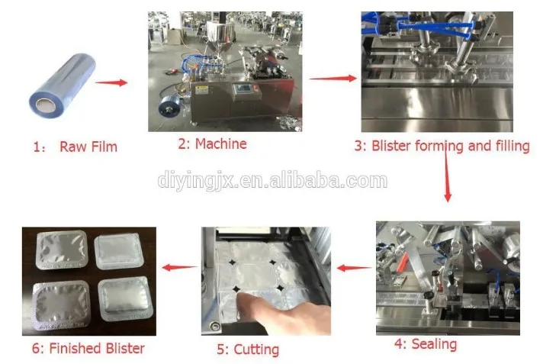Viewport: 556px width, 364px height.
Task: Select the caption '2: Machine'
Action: (x=212, y=143)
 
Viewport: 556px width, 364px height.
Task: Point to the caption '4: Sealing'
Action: (x=425, y=344)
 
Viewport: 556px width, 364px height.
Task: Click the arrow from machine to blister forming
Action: (x=333, y=77)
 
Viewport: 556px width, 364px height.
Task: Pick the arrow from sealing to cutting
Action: (x=353, y=268)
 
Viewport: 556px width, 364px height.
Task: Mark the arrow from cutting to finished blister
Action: (x=178, y=268)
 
